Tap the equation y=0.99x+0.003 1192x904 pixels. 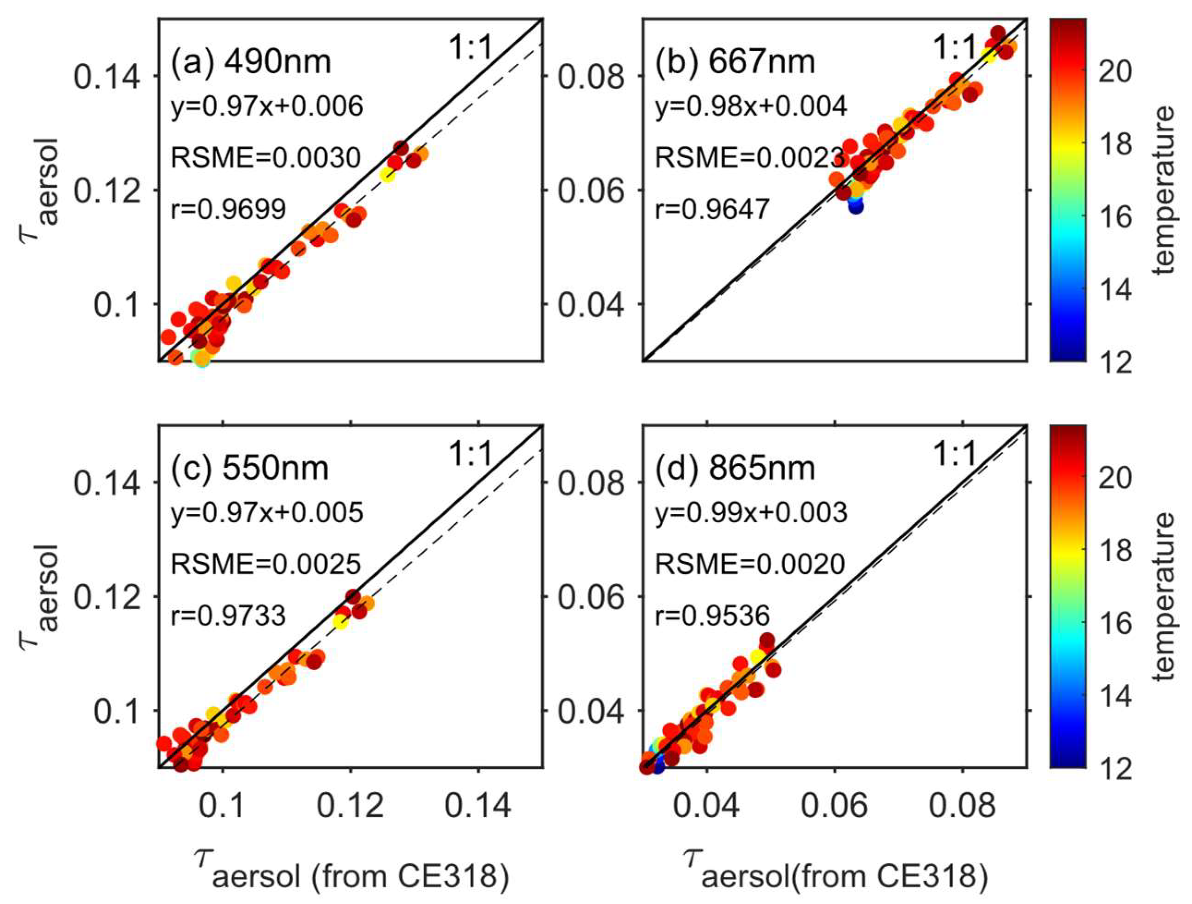pyautogui.click(x=750, y=512)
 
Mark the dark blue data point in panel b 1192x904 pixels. pyautogui.click(x=856, y=206)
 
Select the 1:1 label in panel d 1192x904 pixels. pyautogui.click(x=954, y=455)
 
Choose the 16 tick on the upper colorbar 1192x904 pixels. pyautogui.click(x=1114, y=218)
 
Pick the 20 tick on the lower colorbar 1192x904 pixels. pyautogui.click(x=1114, y=478)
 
